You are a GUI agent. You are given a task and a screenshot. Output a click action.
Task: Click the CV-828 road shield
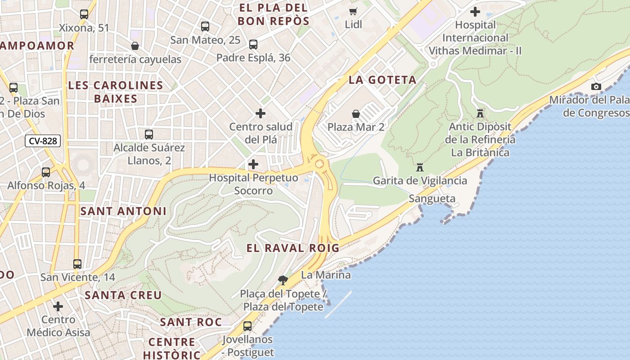[43, 141]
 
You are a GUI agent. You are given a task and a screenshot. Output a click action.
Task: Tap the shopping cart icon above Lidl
[354, 11]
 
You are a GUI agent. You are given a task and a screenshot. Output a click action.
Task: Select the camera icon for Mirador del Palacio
[596, 86]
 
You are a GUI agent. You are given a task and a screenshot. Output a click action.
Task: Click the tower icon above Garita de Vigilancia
[420, 167]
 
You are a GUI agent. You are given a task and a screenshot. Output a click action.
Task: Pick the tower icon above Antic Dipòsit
[480, 113]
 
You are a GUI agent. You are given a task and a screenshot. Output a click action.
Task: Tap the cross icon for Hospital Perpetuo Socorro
[253, 164]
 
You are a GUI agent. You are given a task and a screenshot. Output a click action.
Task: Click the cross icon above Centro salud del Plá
[261, 113]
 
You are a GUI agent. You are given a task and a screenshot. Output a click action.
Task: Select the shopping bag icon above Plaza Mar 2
[356, 113]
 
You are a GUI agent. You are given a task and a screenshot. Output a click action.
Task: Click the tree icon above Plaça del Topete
[283, 280]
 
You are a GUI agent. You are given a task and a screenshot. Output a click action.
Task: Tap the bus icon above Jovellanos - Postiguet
[247, 326]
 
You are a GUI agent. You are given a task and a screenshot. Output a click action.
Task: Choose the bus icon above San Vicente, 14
[77, 264]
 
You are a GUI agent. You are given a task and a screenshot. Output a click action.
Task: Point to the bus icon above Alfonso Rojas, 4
[46, 172]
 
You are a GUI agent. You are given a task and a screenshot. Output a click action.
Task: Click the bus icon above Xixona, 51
[84, 14]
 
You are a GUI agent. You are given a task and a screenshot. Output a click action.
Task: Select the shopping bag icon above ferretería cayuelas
[135, 46]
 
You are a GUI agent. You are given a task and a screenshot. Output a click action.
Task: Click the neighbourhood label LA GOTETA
[382, 80]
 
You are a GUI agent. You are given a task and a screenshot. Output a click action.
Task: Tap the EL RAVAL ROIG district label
[293, 248]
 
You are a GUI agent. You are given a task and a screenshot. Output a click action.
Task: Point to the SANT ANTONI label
[123, 211]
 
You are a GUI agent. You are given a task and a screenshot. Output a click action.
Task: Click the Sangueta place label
[432, 198]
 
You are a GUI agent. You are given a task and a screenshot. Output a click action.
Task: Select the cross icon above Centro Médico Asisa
[58, 306]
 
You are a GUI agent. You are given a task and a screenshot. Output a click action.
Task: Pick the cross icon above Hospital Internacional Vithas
[475, 12]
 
